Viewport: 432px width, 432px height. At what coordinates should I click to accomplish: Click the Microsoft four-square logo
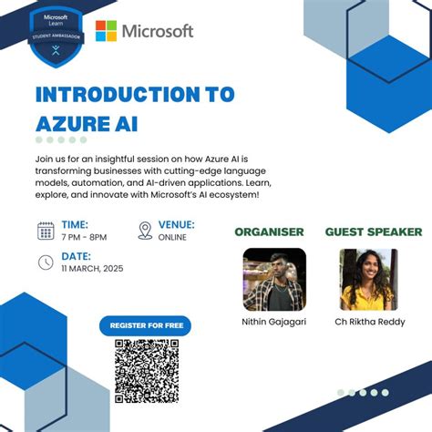[x=106, y=32]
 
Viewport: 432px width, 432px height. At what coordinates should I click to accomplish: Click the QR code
[x=145, y=371]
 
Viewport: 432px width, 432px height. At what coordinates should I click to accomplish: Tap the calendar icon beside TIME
[x=46, y=231]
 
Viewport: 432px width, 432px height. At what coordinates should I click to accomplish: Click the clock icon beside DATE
[x=46, y=262]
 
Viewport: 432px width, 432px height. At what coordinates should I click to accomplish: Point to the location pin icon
[x=145, y=231]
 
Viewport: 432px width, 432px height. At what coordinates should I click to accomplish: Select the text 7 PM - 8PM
[x=84, y=237]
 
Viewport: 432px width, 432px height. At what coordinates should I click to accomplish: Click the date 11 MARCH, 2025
[x=92, y=268]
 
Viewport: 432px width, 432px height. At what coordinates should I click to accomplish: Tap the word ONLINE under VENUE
[x=172, y=237]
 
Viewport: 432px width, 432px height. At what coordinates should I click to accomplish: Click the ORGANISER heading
[x=269, y=231]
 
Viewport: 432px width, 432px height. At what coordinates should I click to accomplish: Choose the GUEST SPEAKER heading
[x=374, y=231]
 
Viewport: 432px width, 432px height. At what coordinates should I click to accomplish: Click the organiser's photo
[x=274, y=280]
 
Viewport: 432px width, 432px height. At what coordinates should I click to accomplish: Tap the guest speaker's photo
[x=368, y=280]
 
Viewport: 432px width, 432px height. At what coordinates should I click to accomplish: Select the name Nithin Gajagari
[x=274, y=322]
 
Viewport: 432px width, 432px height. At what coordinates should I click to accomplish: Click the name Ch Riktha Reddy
[x=370, y=322]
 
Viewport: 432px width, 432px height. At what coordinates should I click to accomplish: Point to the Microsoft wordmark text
[x=159, y=32]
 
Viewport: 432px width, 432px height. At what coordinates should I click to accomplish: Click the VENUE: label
[x=177, y=224]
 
